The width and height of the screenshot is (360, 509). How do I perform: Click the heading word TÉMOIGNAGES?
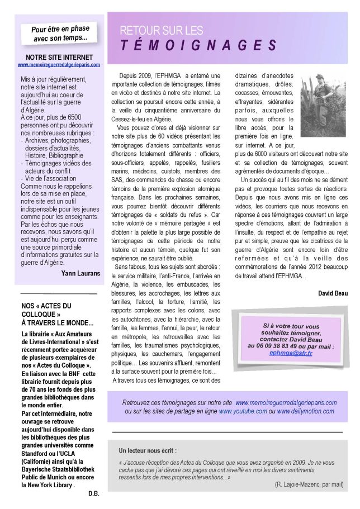point(199,44)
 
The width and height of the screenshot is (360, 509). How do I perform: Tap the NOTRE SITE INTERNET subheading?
point(59,57)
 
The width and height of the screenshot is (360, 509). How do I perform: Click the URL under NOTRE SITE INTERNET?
point(59,64)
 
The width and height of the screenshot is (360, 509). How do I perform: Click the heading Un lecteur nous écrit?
point(148,450)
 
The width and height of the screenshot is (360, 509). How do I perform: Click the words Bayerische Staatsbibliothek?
point(56,469)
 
